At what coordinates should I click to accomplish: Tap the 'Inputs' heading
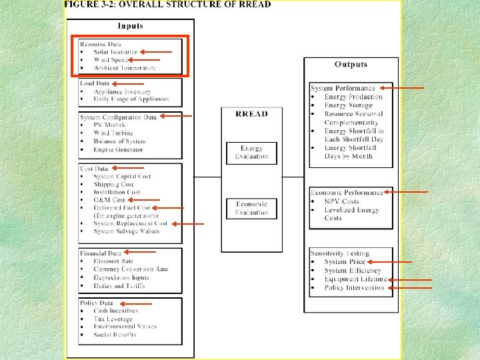pyautogui.click(x=130, y=26)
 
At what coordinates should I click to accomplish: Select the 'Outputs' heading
pyautogui.click(x=351, y=64)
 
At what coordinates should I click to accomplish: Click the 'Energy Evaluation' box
pyautogui.click(x=251, y=153)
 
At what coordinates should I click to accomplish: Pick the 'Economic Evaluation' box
pyautogui.click(x=251, y=208)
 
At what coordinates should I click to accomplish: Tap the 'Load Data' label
pyautogui.click(x=95, y=84)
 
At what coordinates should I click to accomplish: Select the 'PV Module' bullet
pyautogui.click(x=110, y=125)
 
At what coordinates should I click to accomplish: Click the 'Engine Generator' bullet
pyautogui.click(x=119, y=149)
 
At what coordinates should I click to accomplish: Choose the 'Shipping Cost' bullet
pyautogui.click(x=113, y=185)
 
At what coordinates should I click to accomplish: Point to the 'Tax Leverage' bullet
pyautogui.click(x=113, y=319)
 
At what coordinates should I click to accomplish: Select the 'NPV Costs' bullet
pyautogui.click(x=341, y=201)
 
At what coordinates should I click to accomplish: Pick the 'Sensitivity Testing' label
pyautogui.click(x=339, y=253)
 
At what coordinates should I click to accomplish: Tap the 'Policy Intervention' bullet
pyautogui.click(x=354, y=287)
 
